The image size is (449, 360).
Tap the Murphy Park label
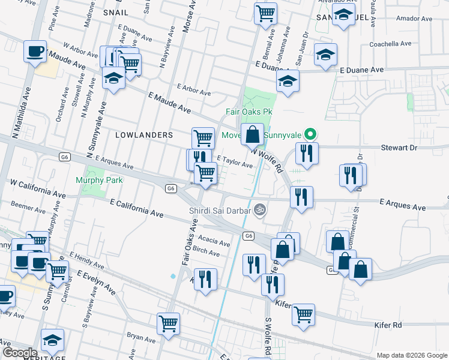[99, 180]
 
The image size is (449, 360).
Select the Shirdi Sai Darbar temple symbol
[259, 209]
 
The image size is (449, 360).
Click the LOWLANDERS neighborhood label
[146, 135]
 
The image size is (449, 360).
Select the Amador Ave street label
[414, 19]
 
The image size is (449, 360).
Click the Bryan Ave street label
[137, 337]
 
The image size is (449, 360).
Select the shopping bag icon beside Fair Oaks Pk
[253, 135]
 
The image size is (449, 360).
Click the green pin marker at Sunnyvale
[310, 134]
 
